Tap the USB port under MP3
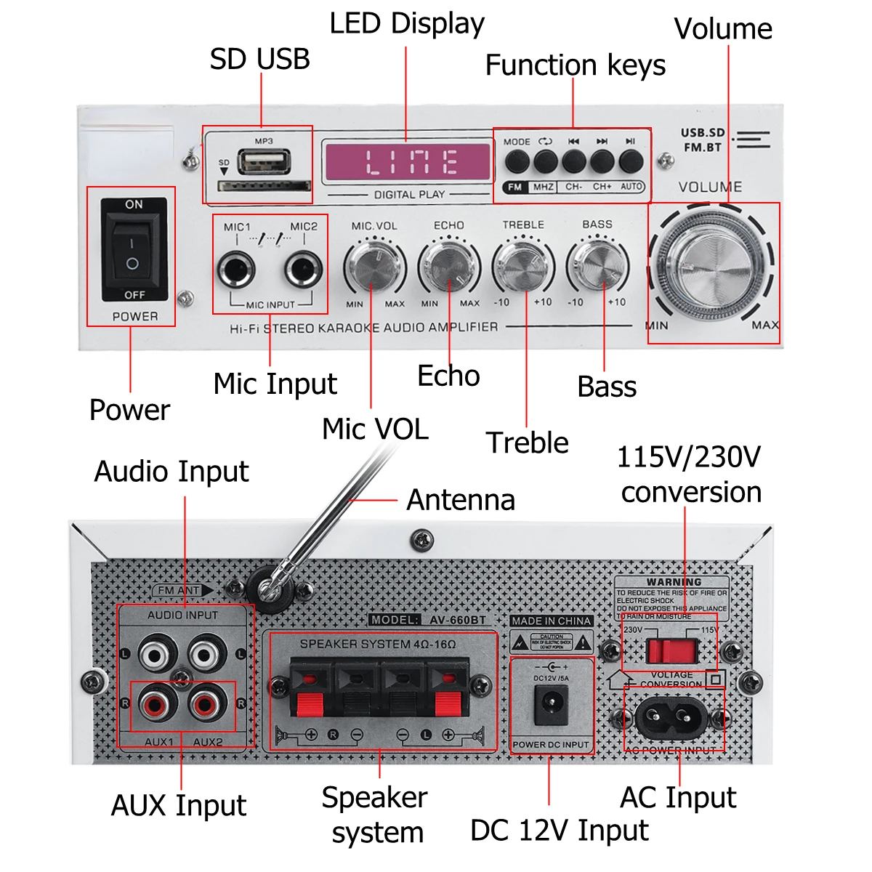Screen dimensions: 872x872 click(264, 161)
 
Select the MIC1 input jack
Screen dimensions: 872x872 click(236, 271)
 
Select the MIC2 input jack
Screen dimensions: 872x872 click(304, 271)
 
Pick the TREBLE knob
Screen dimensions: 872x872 click(523, 265)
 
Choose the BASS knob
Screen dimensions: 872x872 click(597, 265)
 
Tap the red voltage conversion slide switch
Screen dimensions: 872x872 click(671, 650)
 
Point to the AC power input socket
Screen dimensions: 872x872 click(672, 719)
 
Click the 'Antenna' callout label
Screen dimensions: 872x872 click(461, 500)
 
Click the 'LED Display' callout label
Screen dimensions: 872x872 click(407, 24)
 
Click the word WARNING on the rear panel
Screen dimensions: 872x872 click(674, 582)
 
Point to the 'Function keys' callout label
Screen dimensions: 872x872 click(575, 65)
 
